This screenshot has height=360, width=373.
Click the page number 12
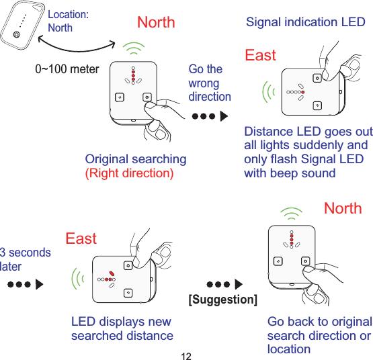click(187, 354)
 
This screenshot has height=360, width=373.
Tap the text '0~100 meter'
click(67, 69)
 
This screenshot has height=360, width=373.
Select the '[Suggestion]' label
click(223, 300)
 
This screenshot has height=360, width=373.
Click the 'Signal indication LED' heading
click(306, 22)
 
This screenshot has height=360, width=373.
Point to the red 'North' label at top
click(156, 22)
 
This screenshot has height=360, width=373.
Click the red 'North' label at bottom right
click(342, 208)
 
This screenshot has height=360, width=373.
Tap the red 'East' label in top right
click(260, 55)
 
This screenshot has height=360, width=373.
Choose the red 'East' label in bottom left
click(81, 238)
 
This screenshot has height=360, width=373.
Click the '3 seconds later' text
click(25, 259)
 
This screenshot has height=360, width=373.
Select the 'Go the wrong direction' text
click(209, 83)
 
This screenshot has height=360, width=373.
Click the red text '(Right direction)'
click(128, 173)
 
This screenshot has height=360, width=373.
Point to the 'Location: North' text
click(68, 21)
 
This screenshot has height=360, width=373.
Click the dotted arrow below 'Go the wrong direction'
click(210, 116)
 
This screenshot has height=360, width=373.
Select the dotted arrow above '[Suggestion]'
click(224, 283)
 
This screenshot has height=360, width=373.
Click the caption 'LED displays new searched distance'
click(122, 328)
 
